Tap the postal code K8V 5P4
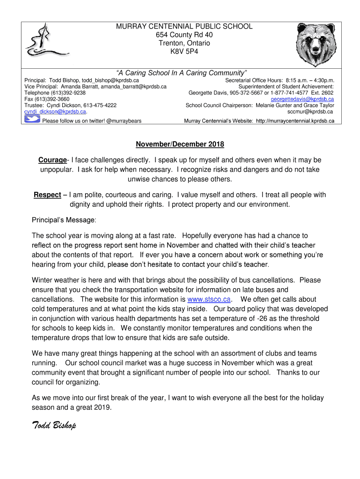coord(184,52)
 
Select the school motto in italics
coord(181,73)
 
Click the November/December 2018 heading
coord(180,144)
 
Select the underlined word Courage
coord(52,160)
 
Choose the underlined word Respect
coord(47,195)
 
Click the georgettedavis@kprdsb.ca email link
coord(302,99)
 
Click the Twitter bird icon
coord(32,120)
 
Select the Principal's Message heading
coord(64,220)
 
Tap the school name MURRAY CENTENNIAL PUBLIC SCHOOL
coord(184,27)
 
